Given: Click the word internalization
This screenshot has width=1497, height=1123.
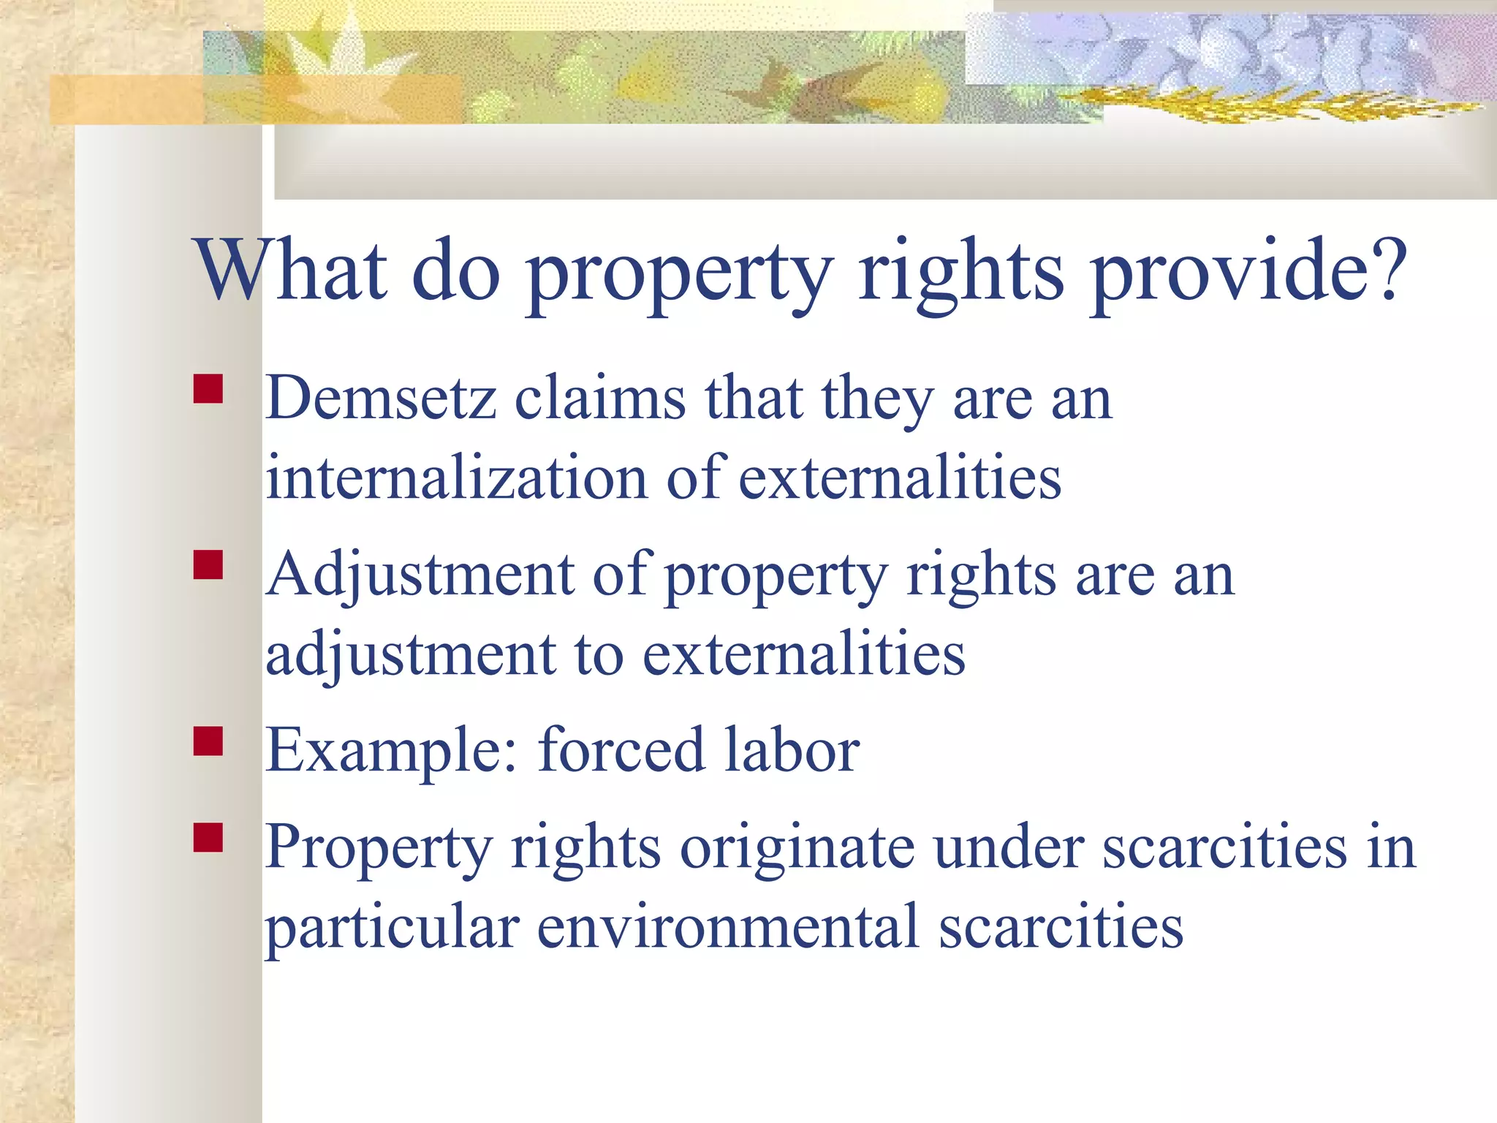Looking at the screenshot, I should click(457, 479).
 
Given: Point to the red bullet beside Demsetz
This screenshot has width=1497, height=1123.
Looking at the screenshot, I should click(208, 389).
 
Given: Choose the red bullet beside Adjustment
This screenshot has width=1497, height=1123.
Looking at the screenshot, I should click(208, 564).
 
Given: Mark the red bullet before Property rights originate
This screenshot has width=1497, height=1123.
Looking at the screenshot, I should click(208, 838).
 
